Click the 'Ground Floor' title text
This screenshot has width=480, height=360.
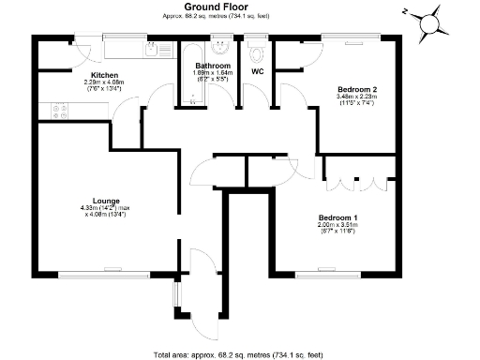[x=239, y=7]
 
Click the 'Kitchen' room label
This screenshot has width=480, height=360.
[x=104, y=74]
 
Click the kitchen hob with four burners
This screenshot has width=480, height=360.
[x=61, y=110]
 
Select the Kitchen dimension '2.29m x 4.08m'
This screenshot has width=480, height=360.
[x=104, y=82]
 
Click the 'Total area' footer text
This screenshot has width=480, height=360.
[x=239, y=354]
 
